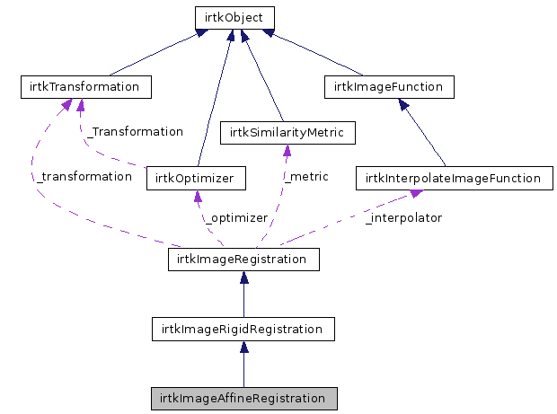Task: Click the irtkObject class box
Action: [x=234, y=18]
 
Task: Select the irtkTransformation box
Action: [x=86, y=87]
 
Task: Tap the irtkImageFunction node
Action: [x=389, y=87]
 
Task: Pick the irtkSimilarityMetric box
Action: [x=287, y=133]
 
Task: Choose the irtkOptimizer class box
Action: [x=196, y=178]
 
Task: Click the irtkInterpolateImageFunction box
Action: [x=455, y=178]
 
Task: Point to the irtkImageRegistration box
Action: [x=243, y=260]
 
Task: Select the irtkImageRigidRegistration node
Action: [x=243, y=330]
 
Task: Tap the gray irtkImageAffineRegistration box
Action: [x=244, y=399]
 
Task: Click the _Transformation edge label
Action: [x=135, y=132]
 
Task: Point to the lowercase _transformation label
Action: [x=84, y=176]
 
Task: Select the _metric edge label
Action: [x=306, y=176]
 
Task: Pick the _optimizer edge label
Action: [x=236, y=218]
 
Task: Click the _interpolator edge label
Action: [x=404, y=218]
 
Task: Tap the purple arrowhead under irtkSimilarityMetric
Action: [x=287, y=150]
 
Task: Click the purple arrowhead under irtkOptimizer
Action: [x=198, y=196]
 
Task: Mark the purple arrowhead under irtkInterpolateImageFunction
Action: [x=416, y=193]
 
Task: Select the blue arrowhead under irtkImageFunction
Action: [x=403, y=104]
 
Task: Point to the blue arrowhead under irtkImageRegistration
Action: [x=244, y=277]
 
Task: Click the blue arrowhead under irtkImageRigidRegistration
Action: [x=244, y=347]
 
